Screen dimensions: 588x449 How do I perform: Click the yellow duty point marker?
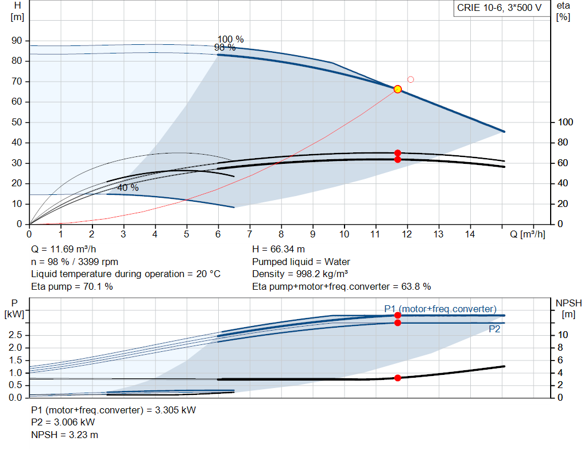(x=397, y=89)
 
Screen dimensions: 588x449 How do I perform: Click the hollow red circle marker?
(x=411, y=79)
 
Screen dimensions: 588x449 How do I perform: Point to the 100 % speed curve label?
(x=231, y=39)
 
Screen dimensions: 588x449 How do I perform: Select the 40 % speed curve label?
(x=128, y=188)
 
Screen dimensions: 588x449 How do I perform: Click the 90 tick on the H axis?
(x=17, y=41)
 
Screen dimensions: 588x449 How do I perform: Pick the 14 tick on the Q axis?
(x=470, y=234)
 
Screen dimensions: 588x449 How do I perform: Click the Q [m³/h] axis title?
(x=528, y=234)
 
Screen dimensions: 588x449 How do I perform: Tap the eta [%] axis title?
(x=563, y=11)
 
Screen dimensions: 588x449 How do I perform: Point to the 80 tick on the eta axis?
(x=563, y=142)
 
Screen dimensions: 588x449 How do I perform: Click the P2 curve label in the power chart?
(x=494, y=329)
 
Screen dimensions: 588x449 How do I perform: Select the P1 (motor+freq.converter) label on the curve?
(x=440, y=309)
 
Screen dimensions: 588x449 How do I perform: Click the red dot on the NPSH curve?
(x=397, y=378)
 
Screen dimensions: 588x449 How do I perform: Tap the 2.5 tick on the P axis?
(x=16, y=335)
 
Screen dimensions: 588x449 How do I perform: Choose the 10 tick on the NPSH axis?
(x=563, y=335)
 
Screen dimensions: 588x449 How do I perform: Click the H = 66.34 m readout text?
(x=278, y=250)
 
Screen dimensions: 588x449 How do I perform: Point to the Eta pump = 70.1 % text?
(x=72, y=287)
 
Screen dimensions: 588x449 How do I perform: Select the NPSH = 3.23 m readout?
(x=64, y=435)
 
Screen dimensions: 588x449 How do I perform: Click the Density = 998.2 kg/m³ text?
(x=300, y=274)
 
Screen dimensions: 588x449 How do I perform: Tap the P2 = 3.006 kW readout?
(x=63, y=423)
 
